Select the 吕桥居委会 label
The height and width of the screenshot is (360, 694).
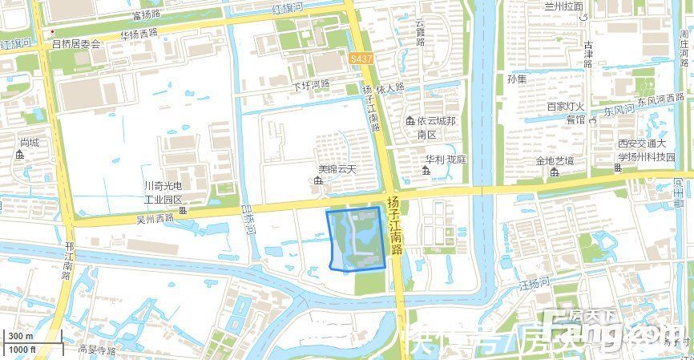77,44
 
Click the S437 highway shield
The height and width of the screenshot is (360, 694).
361,59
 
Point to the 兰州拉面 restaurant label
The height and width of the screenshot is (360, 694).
586,6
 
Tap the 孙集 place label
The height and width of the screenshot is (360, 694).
517,79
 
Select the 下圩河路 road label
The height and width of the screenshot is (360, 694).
311,85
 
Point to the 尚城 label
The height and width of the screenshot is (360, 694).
30,142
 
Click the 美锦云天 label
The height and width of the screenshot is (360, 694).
336,170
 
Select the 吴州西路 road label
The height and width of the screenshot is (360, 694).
155,218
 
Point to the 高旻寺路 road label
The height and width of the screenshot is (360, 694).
97,350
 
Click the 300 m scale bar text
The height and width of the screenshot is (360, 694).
21,336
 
